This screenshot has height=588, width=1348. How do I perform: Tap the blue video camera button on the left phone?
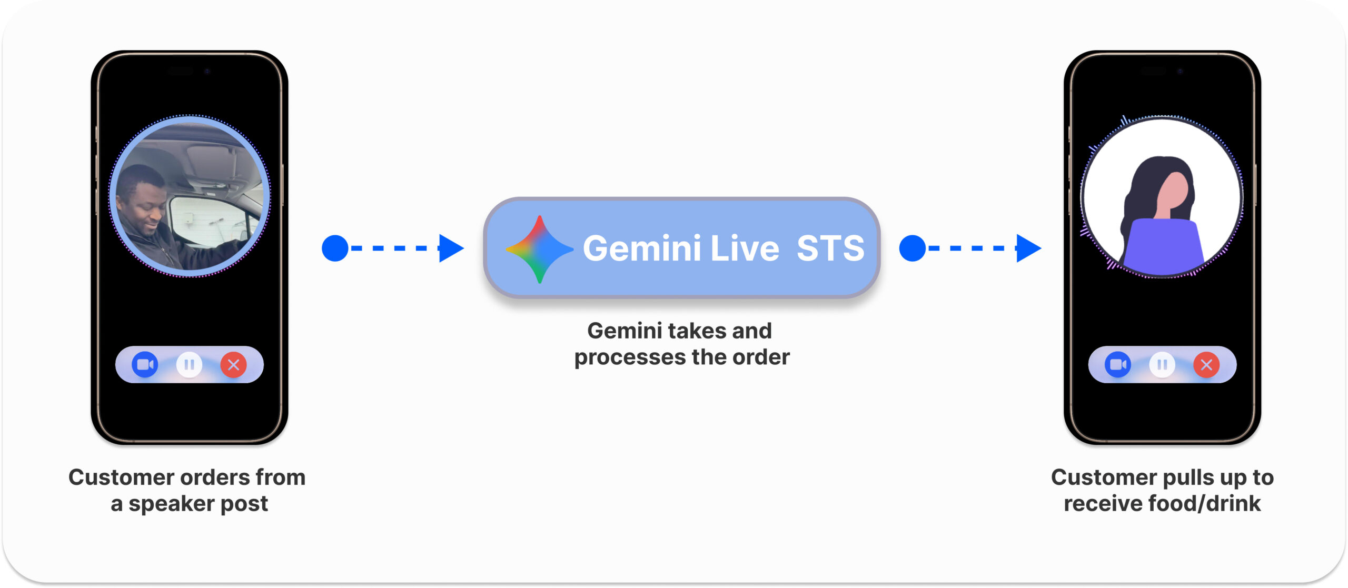[145, 364]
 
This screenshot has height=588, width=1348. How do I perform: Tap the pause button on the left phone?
[189, 364]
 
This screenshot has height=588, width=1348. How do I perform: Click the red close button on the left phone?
[233, 364]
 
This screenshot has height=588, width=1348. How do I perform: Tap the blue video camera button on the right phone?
[1118, 364]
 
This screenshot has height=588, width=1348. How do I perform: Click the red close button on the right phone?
[1206, 364]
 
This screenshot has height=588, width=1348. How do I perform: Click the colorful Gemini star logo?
[539, 249]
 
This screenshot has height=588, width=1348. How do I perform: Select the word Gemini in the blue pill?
[642, 248]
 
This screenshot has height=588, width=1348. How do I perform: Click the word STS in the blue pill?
[830, 248]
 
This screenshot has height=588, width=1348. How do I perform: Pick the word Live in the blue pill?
[745, 248]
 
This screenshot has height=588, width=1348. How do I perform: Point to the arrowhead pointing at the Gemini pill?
[451, 248]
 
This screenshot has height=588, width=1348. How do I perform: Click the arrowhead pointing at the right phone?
[1028, 248]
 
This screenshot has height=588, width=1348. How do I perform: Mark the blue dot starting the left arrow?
[335, 248]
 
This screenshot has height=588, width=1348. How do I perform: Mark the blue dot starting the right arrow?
[913, 248]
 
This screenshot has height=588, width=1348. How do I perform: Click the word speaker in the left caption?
[172, 504]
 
